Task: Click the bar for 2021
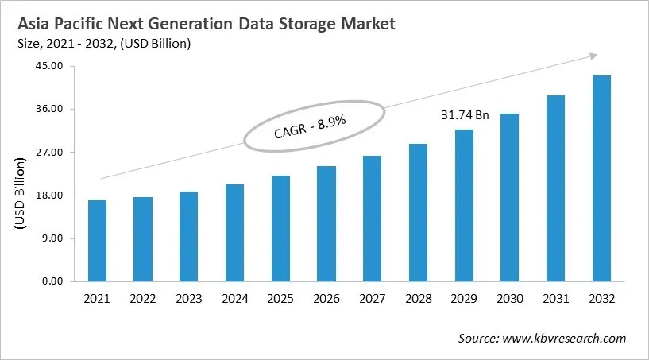coord(97,241)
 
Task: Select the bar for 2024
coord(235,233)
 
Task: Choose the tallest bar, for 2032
coord(602,178)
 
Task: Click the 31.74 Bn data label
coord(464,115)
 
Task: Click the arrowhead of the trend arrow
coord(593,56)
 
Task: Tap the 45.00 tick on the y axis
coord(50,66)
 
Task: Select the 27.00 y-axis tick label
coord(50,152)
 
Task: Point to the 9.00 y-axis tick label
coord(52,238)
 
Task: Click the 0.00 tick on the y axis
coord(52,281)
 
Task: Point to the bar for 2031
coord(556,188)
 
